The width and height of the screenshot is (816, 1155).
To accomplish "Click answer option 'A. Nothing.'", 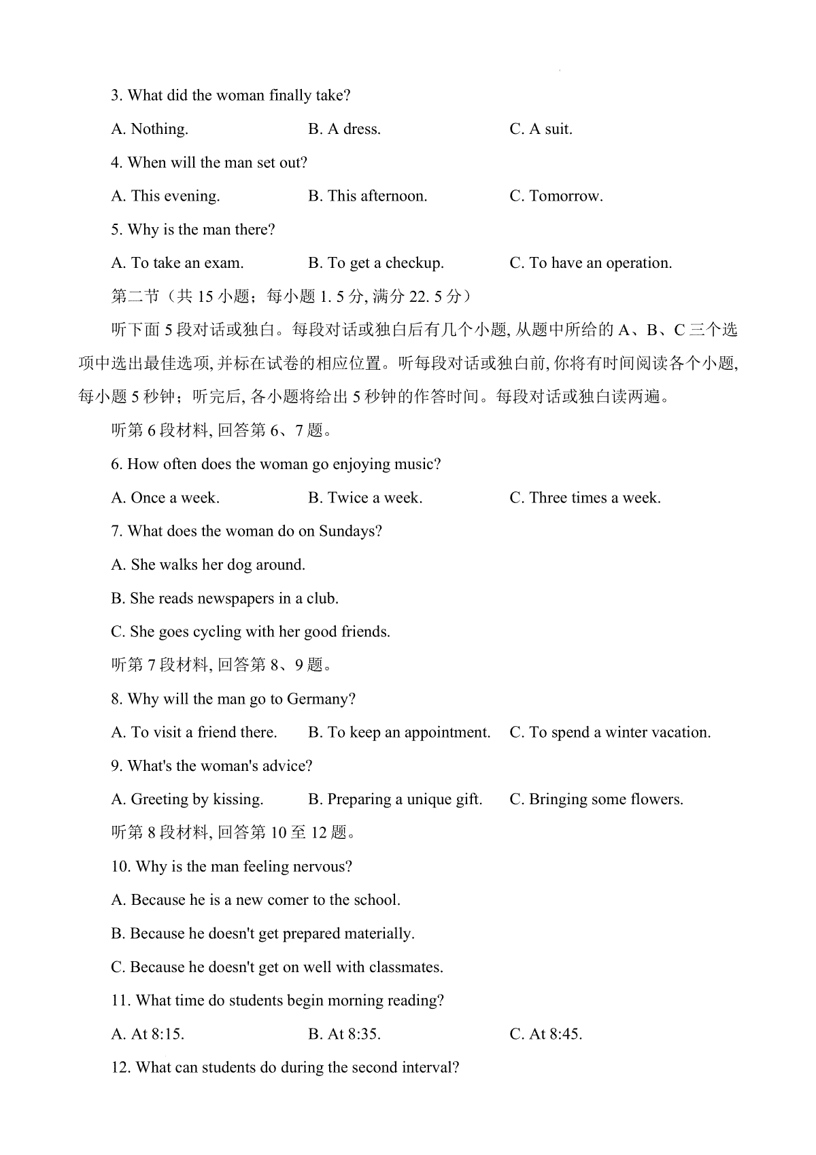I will pos(150,129).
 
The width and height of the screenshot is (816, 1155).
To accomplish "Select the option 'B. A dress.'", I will pos(344,129).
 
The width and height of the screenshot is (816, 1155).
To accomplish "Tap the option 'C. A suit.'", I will pos(541,129).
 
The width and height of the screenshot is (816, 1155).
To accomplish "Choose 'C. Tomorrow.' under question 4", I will pos(556,196).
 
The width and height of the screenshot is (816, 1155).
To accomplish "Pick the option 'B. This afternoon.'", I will pos(367,196).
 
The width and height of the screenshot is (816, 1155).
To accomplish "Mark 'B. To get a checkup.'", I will pos(375,263).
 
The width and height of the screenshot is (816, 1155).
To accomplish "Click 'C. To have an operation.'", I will pos(590,263).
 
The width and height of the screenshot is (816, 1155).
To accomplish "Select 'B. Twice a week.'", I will pos(364,498).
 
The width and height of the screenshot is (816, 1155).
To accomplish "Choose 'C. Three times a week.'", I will pos(585,498).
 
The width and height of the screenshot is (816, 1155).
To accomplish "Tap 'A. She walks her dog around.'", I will pos(208,565).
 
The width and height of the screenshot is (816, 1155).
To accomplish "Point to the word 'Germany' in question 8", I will pos(321,700).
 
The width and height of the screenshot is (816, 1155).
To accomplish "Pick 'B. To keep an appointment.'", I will pos(399,733).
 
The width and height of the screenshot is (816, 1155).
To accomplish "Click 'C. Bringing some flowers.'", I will pos(596,799).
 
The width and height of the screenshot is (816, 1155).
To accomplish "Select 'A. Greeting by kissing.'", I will pos(187,799).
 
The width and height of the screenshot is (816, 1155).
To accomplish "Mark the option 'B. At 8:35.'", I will pos(344,1035).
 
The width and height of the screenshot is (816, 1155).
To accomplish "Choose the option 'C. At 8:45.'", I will pos(545,1035).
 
